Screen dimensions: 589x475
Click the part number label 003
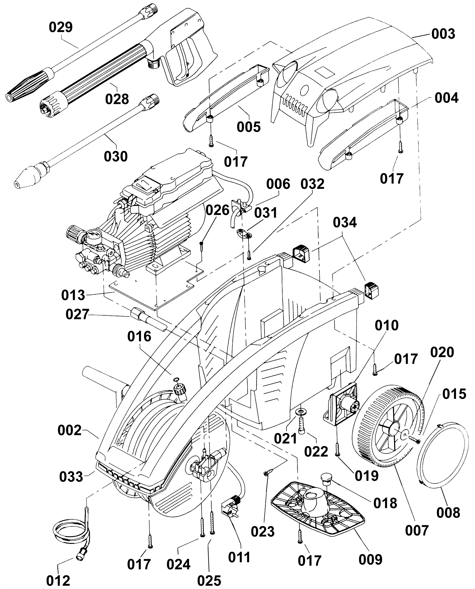pos(443,34)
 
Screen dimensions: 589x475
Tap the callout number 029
pos(61,27)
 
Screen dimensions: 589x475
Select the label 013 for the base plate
pos(73,295)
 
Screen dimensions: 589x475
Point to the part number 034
pos(345,223)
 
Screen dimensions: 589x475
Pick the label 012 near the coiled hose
pos(58,580)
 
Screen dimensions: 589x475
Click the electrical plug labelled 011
pos(231,510)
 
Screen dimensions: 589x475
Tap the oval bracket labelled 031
pos(244,233)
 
